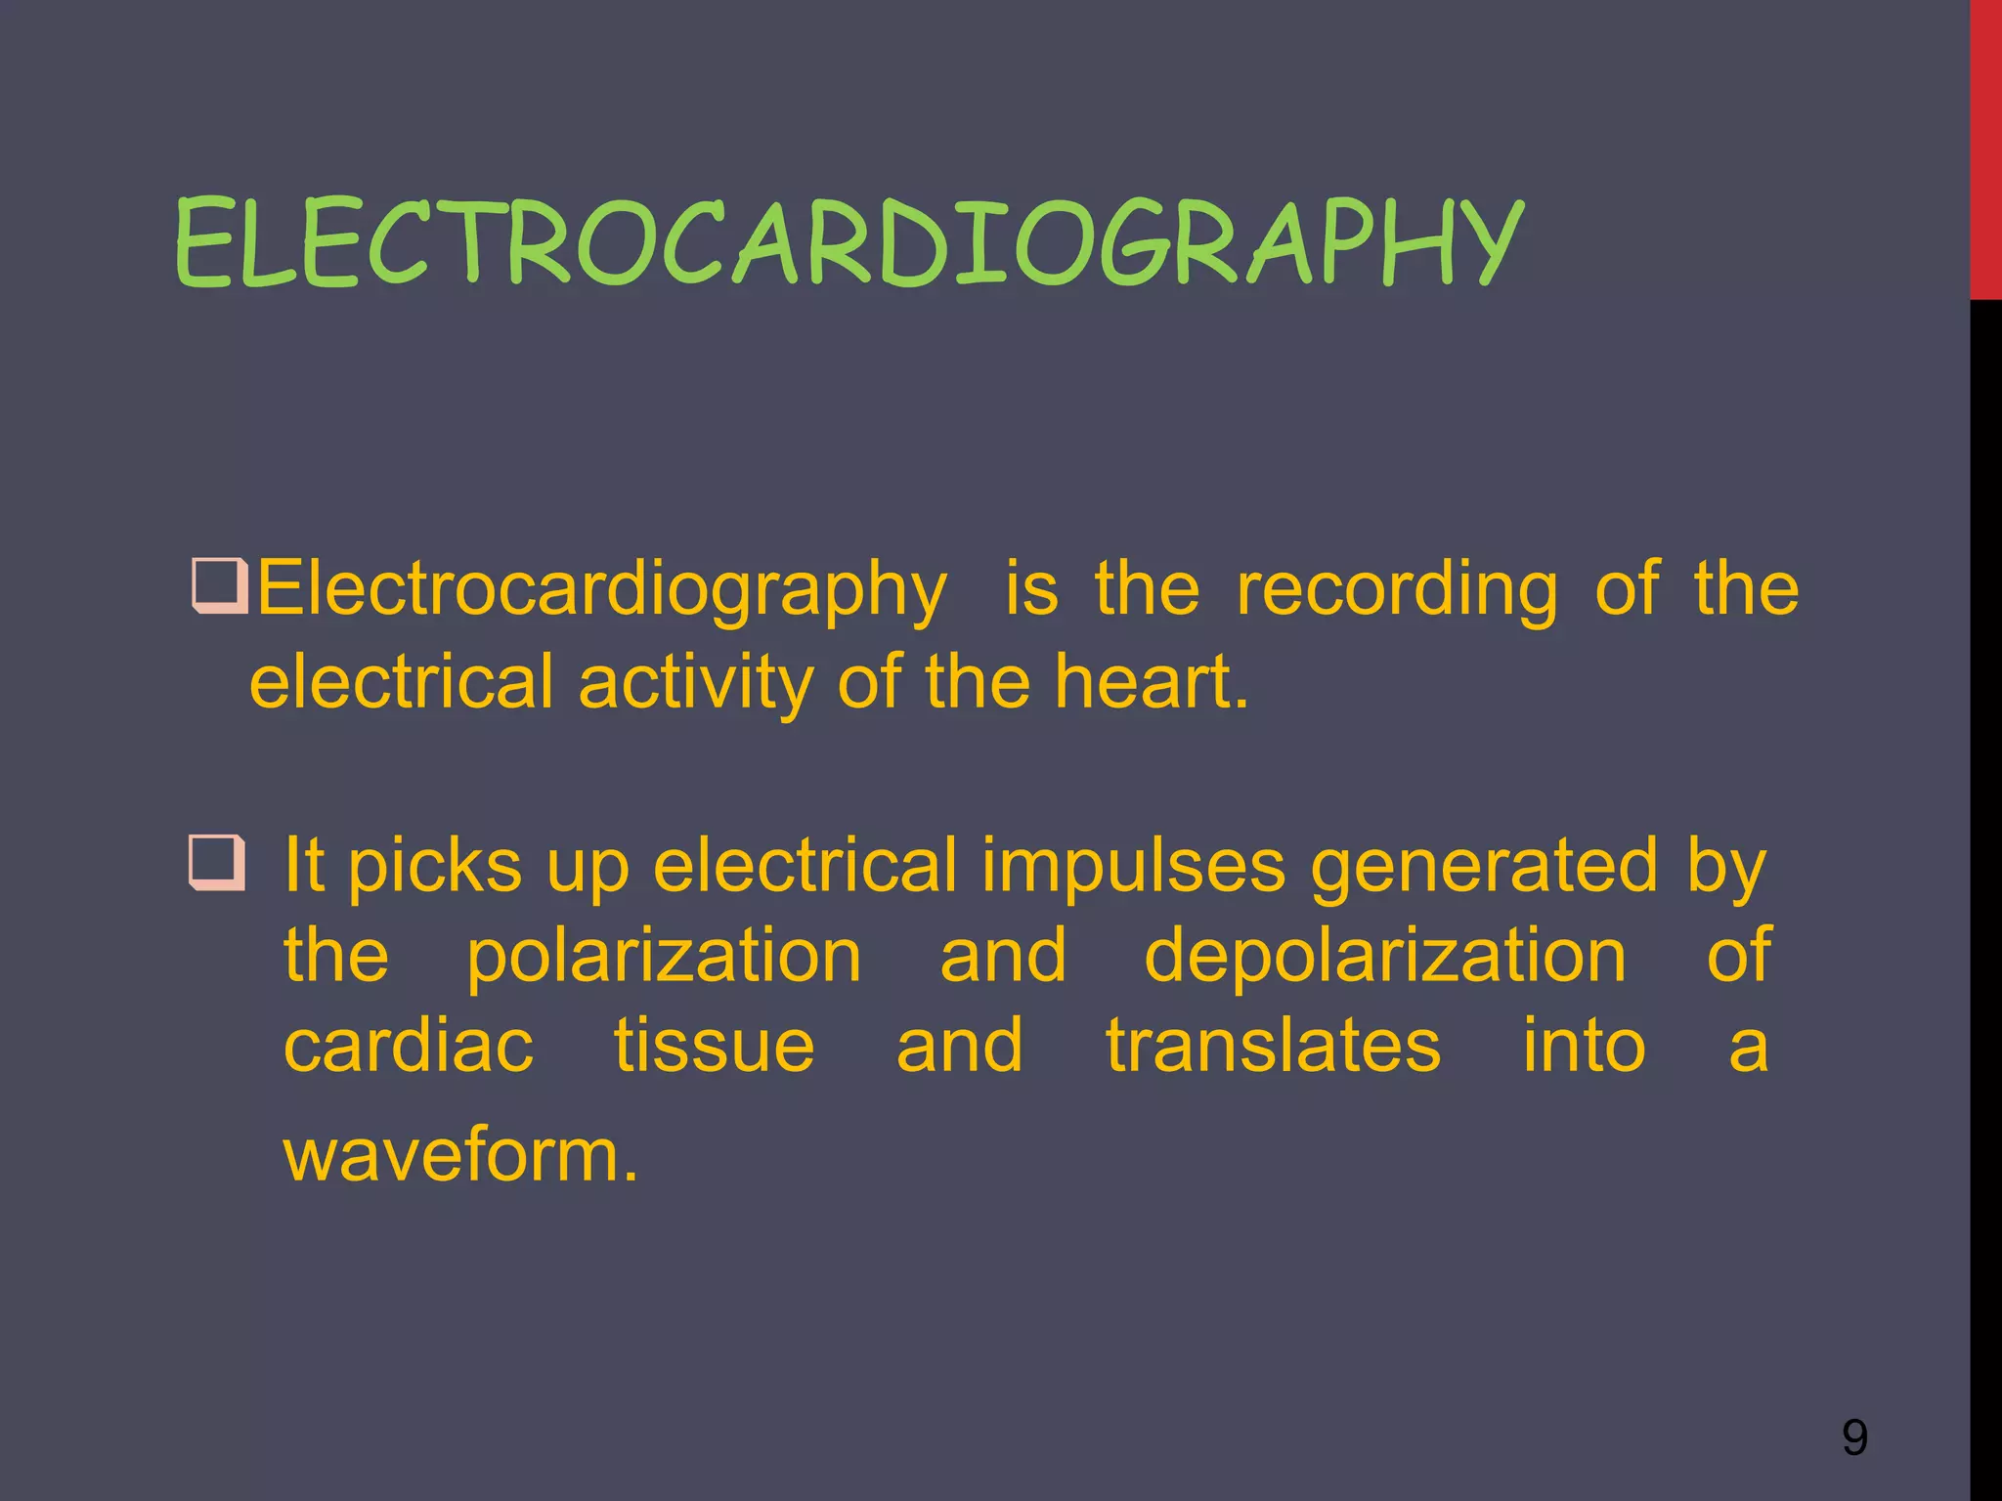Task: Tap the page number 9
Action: point(1854,1437)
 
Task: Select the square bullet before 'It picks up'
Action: point(216,862)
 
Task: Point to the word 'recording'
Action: point(1397,589)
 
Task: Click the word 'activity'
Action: point(696,682)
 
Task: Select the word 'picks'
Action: point(435,866)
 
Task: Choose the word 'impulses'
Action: point(1133,866)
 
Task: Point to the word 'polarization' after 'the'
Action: point(664,957)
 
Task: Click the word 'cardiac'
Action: point(409,1047)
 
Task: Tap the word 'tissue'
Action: point(714,1047)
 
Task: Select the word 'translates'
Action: point(1273,1047)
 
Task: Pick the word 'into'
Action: point(1584,1047)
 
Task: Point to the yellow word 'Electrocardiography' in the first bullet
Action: point(601,591)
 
